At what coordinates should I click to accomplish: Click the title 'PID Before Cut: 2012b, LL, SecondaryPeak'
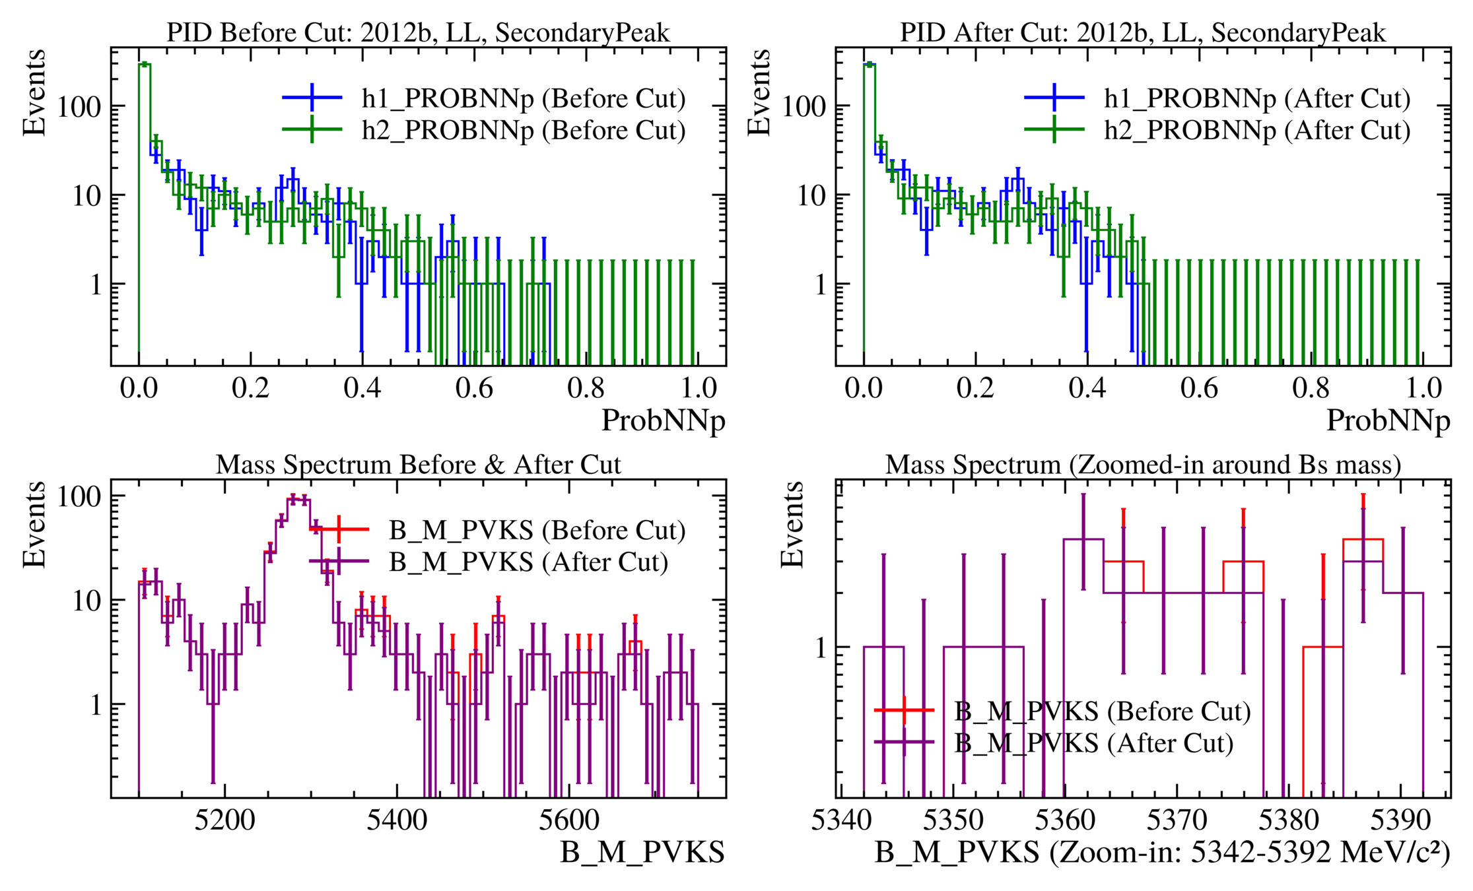tap(418, 32)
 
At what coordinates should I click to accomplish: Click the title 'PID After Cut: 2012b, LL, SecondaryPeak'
tap(1143, 32)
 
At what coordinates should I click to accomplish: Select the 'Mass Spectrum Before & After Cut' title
tap(418, 465)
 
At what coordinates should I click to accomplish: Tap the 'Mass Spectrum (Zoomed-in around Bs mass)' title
tap(1143, 465)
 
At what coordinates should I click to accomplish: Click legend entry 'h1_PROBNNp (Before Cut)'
tap(523, 98)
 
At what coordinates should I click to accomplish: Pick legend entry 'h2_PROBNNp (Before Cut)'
tap(523, 130)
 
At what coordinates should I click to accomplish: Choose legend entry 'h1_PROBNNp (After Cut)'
tap(1257, 98)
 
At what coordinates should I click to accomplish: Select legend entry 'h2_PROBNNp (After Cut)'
tap(1257, 130)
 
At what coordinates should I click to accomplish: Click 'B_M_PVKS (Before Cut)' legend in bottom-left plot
tap(537, 530)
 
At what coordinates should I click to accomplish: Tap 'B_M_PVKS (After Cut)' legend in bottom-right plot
tap(1093, 743)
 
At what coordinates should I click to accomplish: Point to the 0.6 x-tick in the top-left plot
tap(474, 388)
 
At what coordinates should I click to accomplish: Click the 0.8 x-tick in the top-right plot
tap(1311, 388)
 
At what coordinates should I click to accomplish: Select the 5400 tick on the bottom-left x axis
tap(397, 820)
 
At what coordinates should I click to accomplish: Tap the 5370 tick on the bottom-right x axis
tap(1177, 820)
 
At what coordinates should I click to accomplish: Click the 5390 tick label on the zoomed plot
tap(1400, 820)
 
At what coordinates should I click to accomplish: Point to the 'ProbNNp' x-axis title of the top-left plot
tap(663, 420)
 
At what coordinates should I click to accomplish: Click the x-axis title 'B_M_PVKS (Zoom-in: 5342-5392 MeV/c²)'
tap(1162, 853)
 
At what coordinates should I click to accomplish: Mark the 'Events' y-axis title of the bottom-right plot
tap(792, 525)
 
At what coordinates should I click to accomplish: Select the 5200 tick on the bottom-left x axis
tap(224, 820)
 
